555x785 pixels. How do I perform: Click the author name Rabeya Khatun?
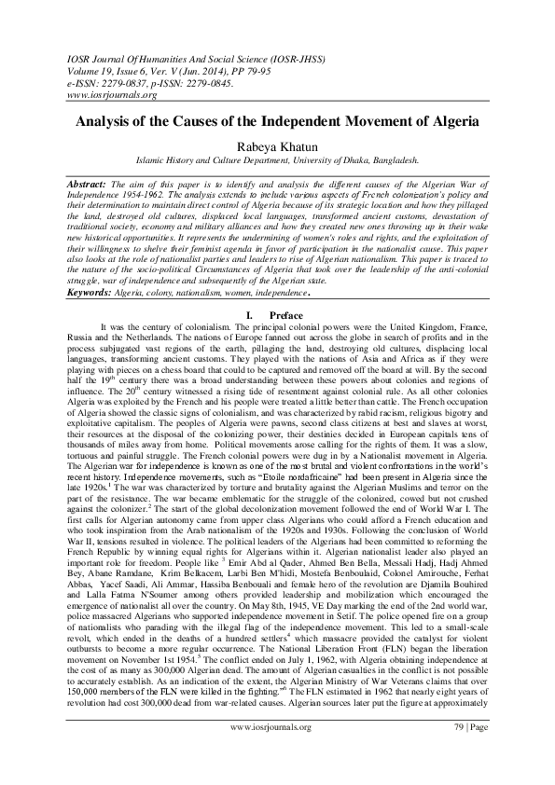pyautogui.click(x=277, y=143)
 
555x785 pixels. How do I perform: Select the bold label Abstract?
pyautogui.click(x=91, y=186)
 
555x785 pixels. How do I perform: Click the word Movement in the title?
pyautogui.click(x=393, y=121)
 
